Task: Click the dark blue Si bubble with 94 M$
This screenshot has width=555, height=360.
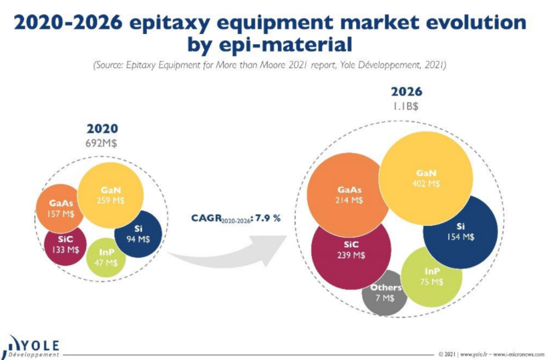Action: click(138, 234)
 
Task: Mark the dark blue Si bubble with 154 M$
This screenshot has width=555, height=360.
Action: click(460, 232)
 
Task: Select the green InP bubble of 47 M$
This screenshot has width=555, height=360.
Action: click(106, 257)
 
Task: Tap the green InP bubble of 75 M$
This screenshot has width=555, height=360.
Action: click(431, 277)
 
